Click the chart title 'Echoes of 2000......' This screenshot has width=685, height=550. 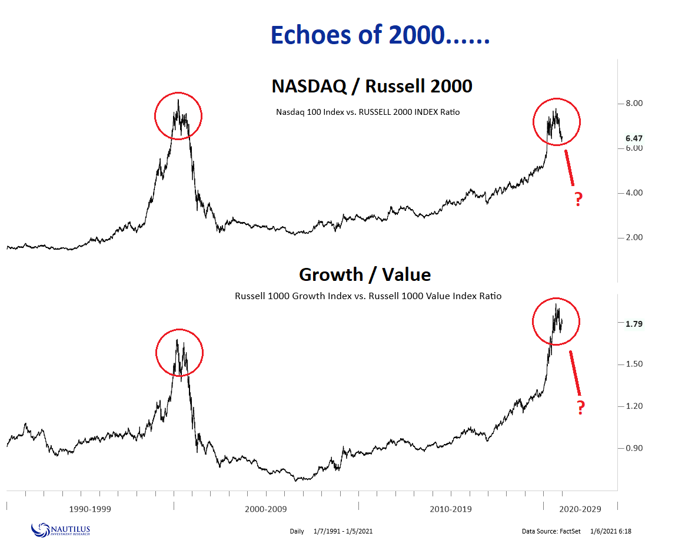pyautogui.click(x=380, y=36)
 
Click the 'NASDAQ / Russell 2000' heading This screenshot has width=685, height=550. pyautogui.click(x=371, y=86)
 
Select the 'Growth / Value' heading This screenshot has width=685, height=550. pyautogui.click(x=364, y=274)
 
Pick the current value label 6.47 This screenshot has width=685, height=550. pyautogui.click(x=634, y=138)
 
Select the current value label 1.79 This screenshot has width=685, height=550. pyautogui.click(x=634, y=324)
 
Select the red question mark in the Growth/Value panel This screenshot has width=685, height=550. pyautogui.click(x=580, y=407)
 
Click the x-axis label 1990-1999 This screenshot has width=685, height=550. pyautogui.click(x=90, y=509)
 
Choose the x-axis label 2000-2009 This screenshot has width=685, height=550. pyautogui.click(x=267, y=509)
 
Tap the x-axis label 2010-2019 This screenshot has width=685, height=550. pyautogui.click(x=450, y=509)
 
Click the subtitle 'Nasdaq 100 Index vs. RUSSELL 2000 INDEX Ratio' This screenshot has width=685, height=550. pyautogui.click(x=368, y=112)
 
